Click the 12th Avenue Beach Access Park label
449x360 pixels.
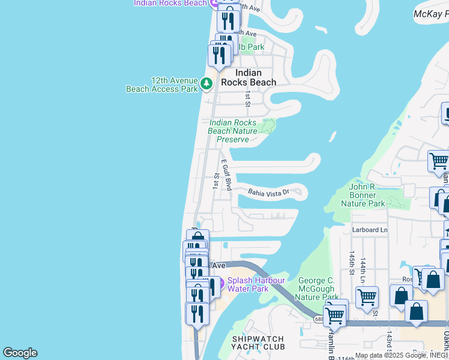click(161, 85)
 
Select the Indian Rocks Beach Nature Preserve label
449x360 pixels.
click(232, 131)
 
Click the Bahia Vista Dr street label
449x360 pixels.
click(269, 192)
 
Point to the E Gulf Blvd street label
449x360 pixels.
click(227, 175)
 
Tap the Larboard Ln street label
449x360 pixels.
click(370, 230)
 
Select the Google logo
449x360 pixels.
click(20, 353)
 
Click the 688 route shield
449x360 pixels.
click(318, 319)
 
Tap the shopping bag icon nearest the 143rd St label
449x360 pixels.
click(416, 311)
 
